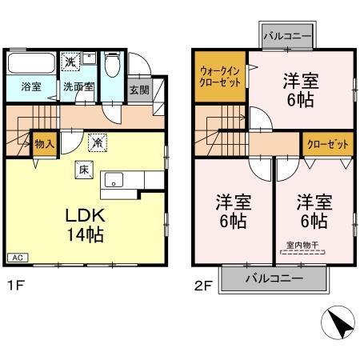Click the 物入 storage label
[44, 144]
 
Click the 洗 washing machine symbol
[71, 62]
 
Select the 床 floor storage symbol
[83, 169]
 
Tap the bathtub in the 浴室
[30, 62]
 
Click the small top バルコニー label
[288, 36]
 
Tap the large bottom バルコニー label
[274, 279]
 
